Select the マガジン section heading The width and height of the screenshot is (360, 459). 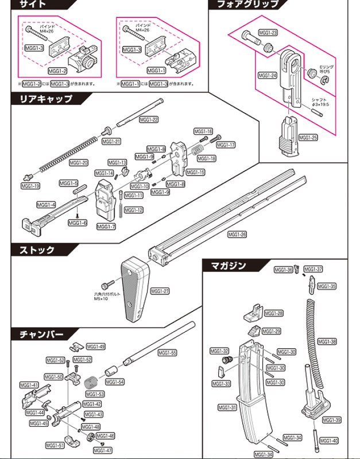pos(228,266)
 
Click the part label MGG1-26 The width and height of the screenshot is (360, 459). pos(237,234)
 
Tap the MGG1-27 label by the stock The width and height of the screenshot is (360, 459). pos(160,291)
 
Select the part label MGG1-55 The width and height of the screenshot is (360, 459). pos(167,353)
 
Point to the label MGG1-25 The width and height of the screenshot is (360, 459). pos(308,138)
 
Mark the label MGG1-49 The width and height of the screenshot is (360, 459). pos(96,347)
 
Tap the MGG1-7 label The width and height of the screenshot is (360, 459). pos(106,227)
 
